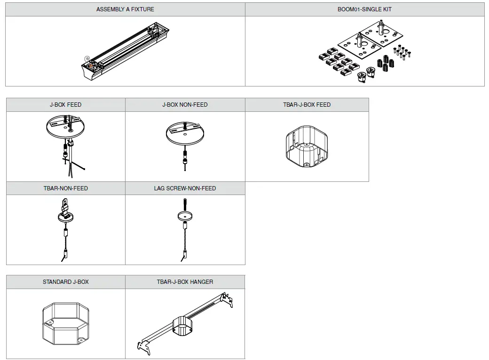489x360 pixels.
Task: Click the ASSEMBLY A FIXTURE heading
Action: point(125,9)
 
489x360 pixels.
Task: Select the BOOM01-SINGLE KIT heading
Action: point(364,9)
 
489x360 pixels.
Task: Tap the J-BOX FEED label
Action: point(66,105)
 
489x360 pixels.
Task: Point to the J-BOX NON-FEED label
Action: point(185,105)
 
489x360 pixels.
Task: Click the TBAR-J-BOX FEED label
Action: point(307,105)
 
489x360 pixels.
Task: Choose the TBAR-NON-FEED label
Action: point(66,188)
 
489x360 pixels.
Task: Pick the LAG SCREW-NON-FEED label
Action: point(185,188)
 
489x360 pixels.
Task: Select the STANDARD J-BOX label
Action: point(66,282)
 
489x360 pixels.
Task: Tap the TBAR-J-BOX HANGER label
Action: point(185,282)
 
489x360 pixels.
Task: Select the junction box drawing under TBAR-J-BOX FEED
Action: point(307,146)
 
